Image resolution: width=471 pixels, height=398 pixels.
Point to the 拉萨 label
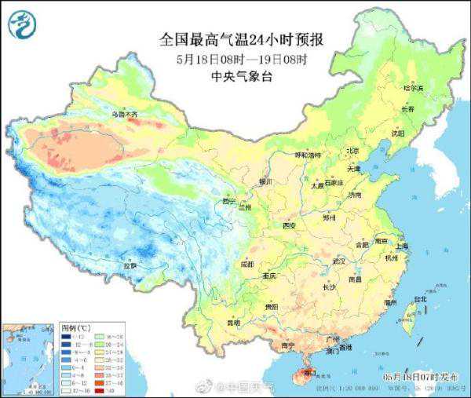click(130, 266)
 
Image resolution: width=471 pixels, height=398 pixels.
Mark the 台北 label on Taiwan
click(421, 299)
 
